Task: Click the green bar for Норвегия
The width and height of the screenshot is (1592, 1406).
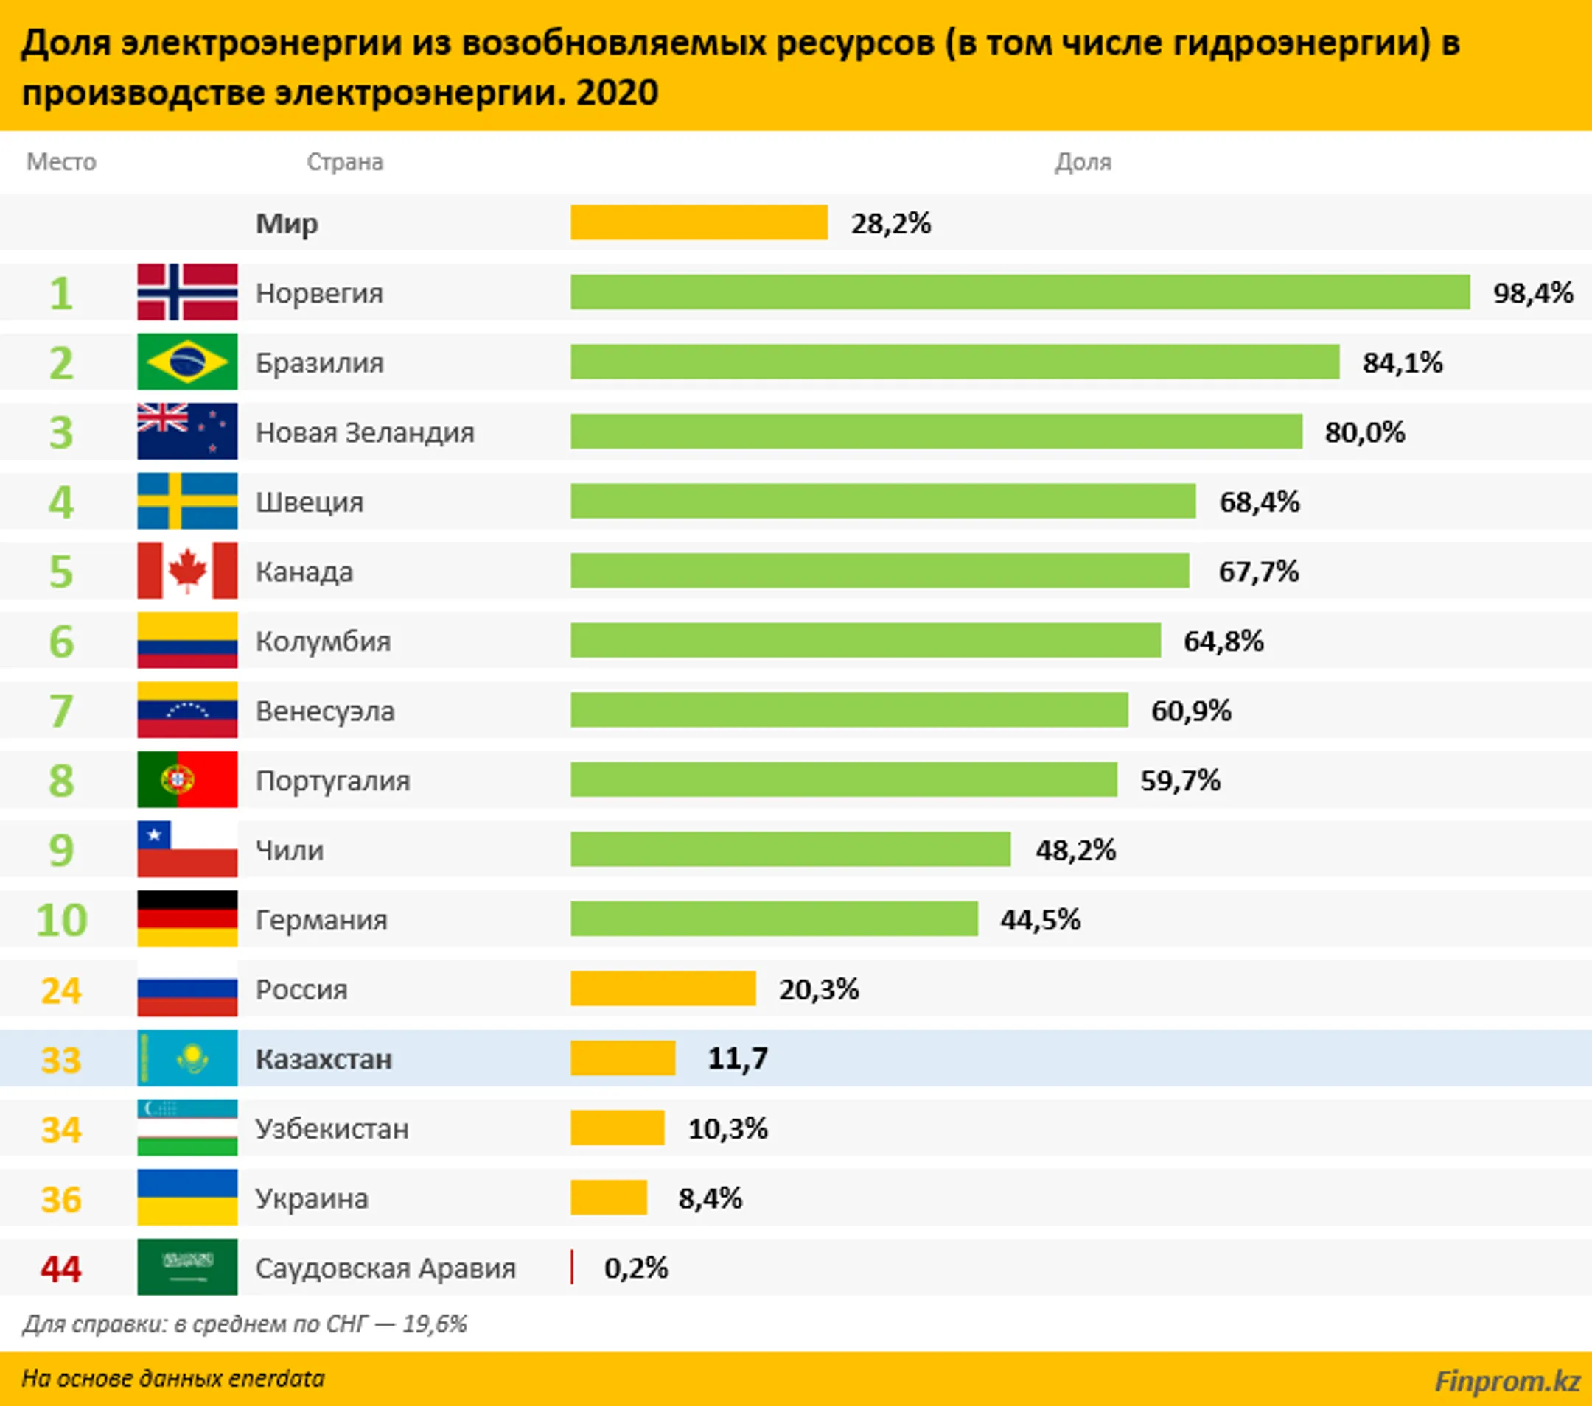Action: click(1019, 292)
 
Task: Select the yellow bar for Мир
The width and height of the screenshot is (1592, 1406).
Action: click(699, 222)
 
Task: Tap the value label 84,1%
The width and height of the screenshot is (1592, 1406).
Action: click(1402, 363)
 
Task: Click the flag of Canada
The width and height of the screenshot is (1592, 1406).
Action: click(187, 571)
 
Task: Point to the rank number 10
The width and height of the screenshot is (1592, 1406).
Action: click(61, 920)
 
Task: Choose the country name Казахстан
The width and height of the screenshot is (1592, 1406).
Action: click(324, 1059)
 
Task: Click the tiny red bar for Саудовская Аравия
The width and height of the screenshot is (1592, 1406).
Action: click(572, 1268)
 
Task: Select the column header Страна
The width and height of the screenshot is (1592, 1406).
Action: click(344, 162)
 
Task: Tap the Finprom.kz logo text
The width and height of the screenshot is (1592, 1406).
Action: click(1507, 1381)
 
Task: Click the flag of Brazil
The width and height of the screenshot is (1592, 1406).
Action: click(187, 362)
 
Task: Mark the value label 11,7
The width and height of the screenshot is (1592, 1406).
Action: click(737, 1059)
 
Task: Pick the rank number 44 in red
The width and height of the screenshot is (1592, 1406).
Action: click(60, 1269)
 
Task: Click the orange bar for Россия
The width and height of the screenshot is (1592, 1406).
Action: click(663, 988)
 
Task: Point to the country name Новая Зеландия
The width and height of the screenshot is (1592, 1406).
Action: click(365, 432)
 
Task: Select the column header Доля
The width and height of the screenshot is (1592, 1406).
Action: click(1083, 162)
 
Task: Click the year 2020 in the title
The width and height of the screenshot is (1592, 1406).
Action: click(617, 93)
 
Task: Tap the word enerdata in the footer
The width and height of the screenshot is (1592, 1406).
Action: click(276, 1379)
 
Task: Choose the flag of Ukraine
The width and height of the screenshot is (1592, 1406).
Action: click(187, 1198)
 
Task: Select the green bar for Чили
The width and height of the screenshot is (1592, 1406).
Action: click(790, 849)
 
